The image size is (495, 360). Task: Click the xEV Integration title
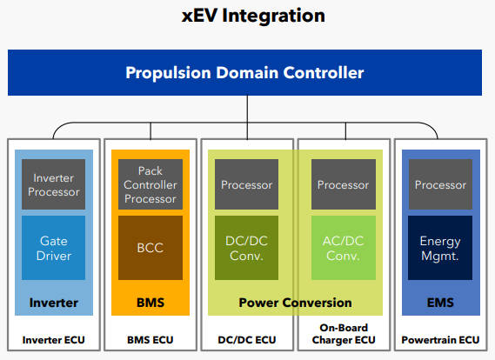(253, 16)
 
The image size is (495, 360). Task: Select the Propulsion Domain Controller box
(244, 72)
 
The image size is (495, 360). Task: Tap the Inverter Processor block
(53, 184)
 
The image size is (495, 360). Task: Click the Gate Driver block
(53, 248)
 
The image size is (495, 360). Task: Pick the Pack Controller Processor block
(151, 184)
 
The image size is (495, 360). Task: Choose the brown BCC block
(151, 248)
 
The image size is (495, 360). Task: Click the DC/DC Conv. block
(246, 248)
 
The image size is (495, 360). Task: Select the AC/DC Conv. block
(344, 248)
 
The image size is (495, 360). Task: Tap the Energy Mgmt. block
(440, 248)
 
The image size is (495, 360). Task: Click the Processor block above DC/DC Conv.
(246, 184)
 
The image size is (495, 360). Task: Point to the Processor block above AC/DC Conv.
(344, 184)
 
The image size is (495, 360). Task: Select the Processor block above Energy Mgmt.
(440, 184)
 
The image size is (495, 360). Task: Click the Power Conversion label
(295, 303)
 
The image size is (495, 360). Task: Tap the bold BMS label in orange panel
(151, 303)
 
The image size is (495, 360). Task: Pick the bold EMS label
(440, 303)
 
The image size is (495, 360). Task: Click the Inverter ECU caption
(53, 340)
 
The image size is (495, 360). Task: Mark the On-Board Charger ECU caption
(344, 334)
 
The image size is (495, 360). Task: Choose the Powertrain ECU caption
(440, 340)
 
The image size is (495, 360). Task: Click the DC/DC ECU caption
(247, 340)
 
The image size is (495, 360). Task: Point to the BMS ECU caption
(151, 340)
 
